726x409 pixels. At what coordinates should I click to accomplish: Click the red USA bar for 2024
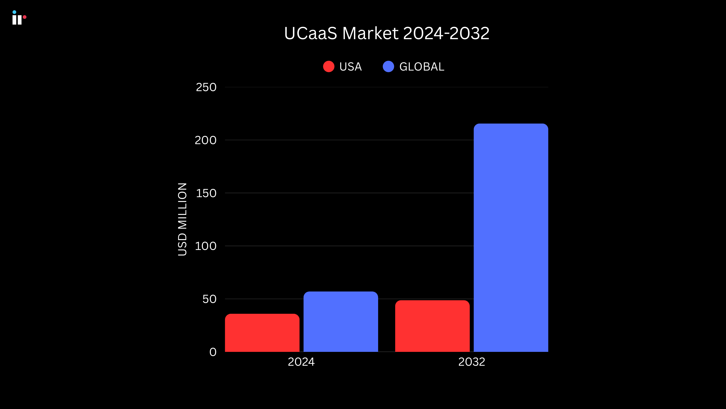[x=262, y=333]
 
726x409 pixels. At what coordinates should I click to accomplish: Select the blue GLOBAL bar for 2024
[x=341, y=322]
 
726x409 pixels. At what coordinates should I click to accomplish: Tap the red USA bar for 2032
[x=432, y=326]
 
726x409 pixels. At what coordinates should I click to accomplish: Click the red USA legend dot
[x=329, y=67]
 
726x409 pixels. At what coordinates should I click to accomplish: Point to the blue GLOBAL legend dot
[x=388, y=67]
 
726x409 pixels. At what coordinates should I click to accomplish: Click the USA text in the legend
[x=350, y=67]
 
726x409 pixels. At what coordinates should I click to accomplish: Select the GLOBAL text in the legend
[x=422, y=67]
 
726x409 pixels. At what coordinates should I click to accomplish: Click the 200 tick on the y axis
[x=206, y=140]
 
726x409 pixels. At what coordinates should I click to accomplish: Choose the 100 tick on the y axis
[x=206, y=246]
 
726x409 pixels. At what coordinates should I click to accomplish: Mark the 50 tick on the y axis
[x=209, y=299]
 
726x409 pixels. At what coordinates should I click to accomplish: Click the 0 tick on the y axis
[x=213, y=352]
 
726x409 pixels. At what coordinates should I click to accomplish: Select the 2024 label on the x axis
[x=301, y=362]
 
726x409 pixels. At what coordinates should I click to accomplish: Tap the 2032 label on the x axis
[x=472, y=362]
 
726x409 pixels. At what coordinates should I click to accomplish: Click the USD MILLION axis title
[x=182, y=219]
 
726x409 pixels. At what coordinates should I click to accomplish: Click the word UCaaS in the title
[x=310, y=33]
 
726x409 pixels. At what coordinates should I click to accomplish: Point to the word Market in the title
[x=370, y=33]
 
